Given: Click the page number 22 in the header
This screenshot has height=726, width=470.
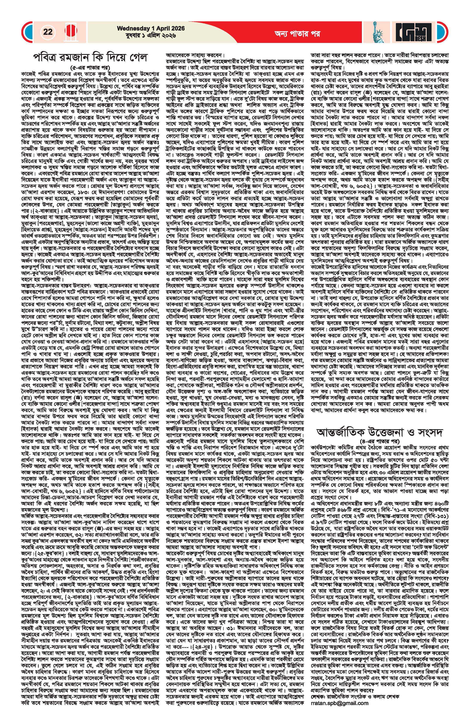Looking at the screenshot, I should pyautogui.click(x=48, y=32).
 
